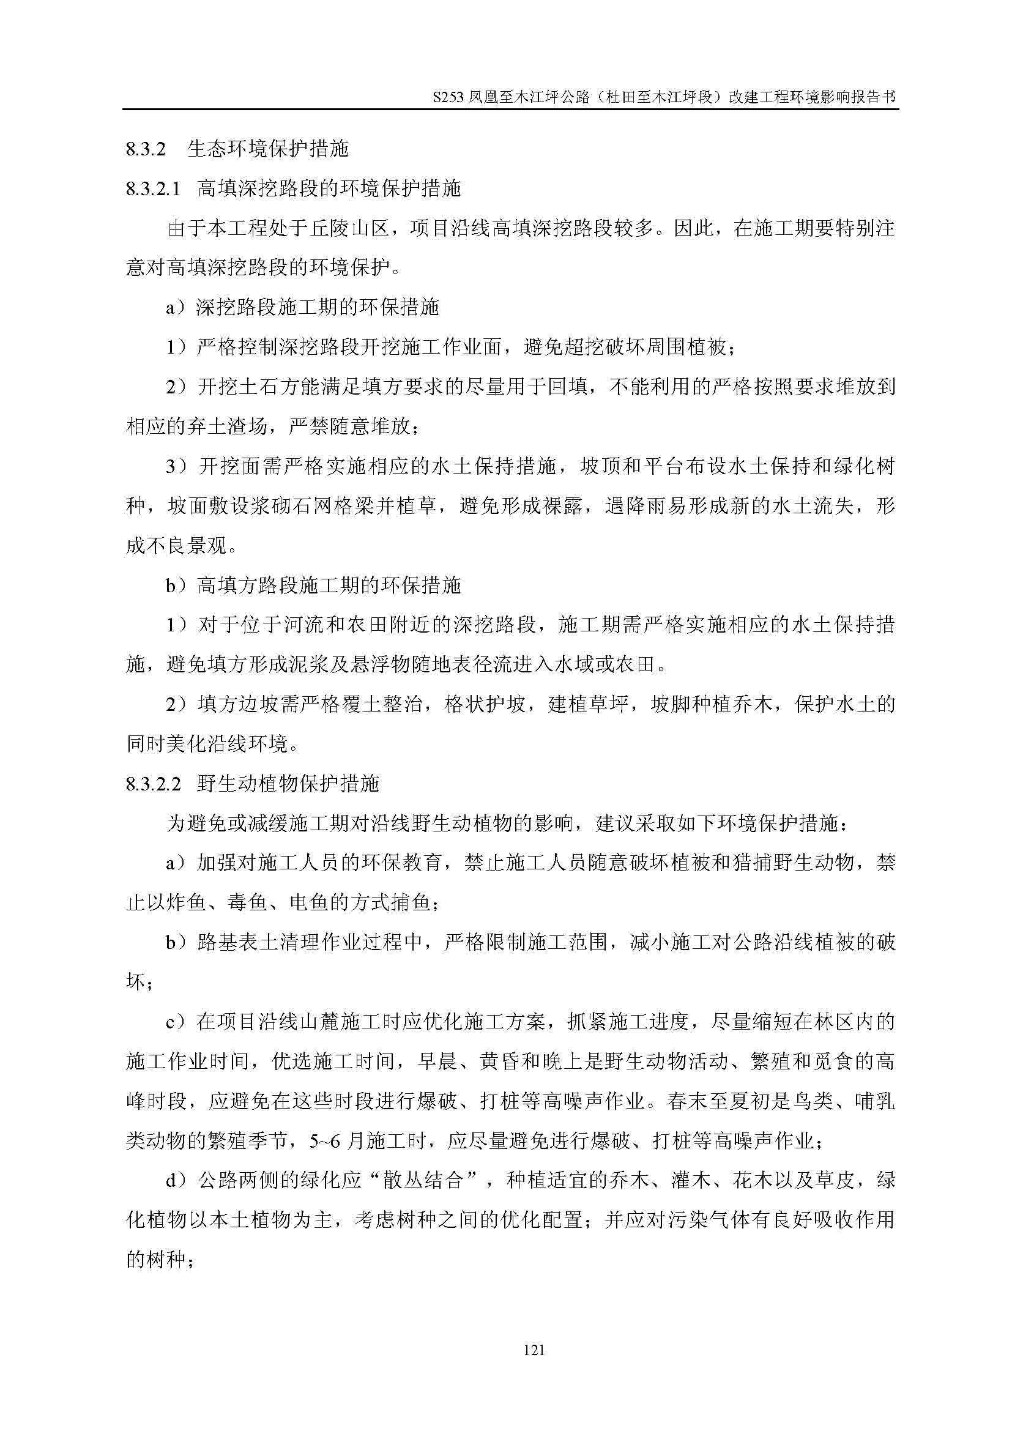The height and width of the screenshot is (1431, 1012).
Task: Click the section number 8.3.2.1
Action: click(x=154, y=189)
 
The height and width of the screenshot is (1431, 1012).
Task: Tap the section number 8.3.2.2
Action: click(x=154, y=784)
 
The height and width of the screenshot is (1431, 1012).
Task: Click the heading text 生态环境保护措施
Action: click(x=267, y=149)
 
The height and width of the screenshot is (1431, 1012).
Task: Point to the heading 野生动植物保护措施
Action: click(x=288, y=784)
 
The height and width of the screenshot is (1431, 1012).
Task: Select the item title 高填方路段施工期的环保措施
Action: click(x=329, y=586)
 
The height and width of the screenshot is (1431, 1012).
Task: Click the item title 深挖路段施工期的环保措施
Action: click(x=318, y=308)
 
